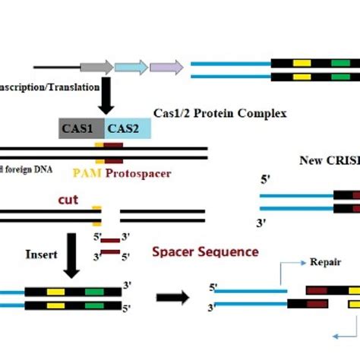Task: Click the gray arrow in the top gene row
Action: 100,67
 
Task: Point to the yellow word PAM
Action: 88,174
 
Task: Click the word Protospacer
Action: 138,174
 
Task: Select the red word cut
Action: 69,201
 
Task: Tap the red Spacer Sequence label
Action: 206,251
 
